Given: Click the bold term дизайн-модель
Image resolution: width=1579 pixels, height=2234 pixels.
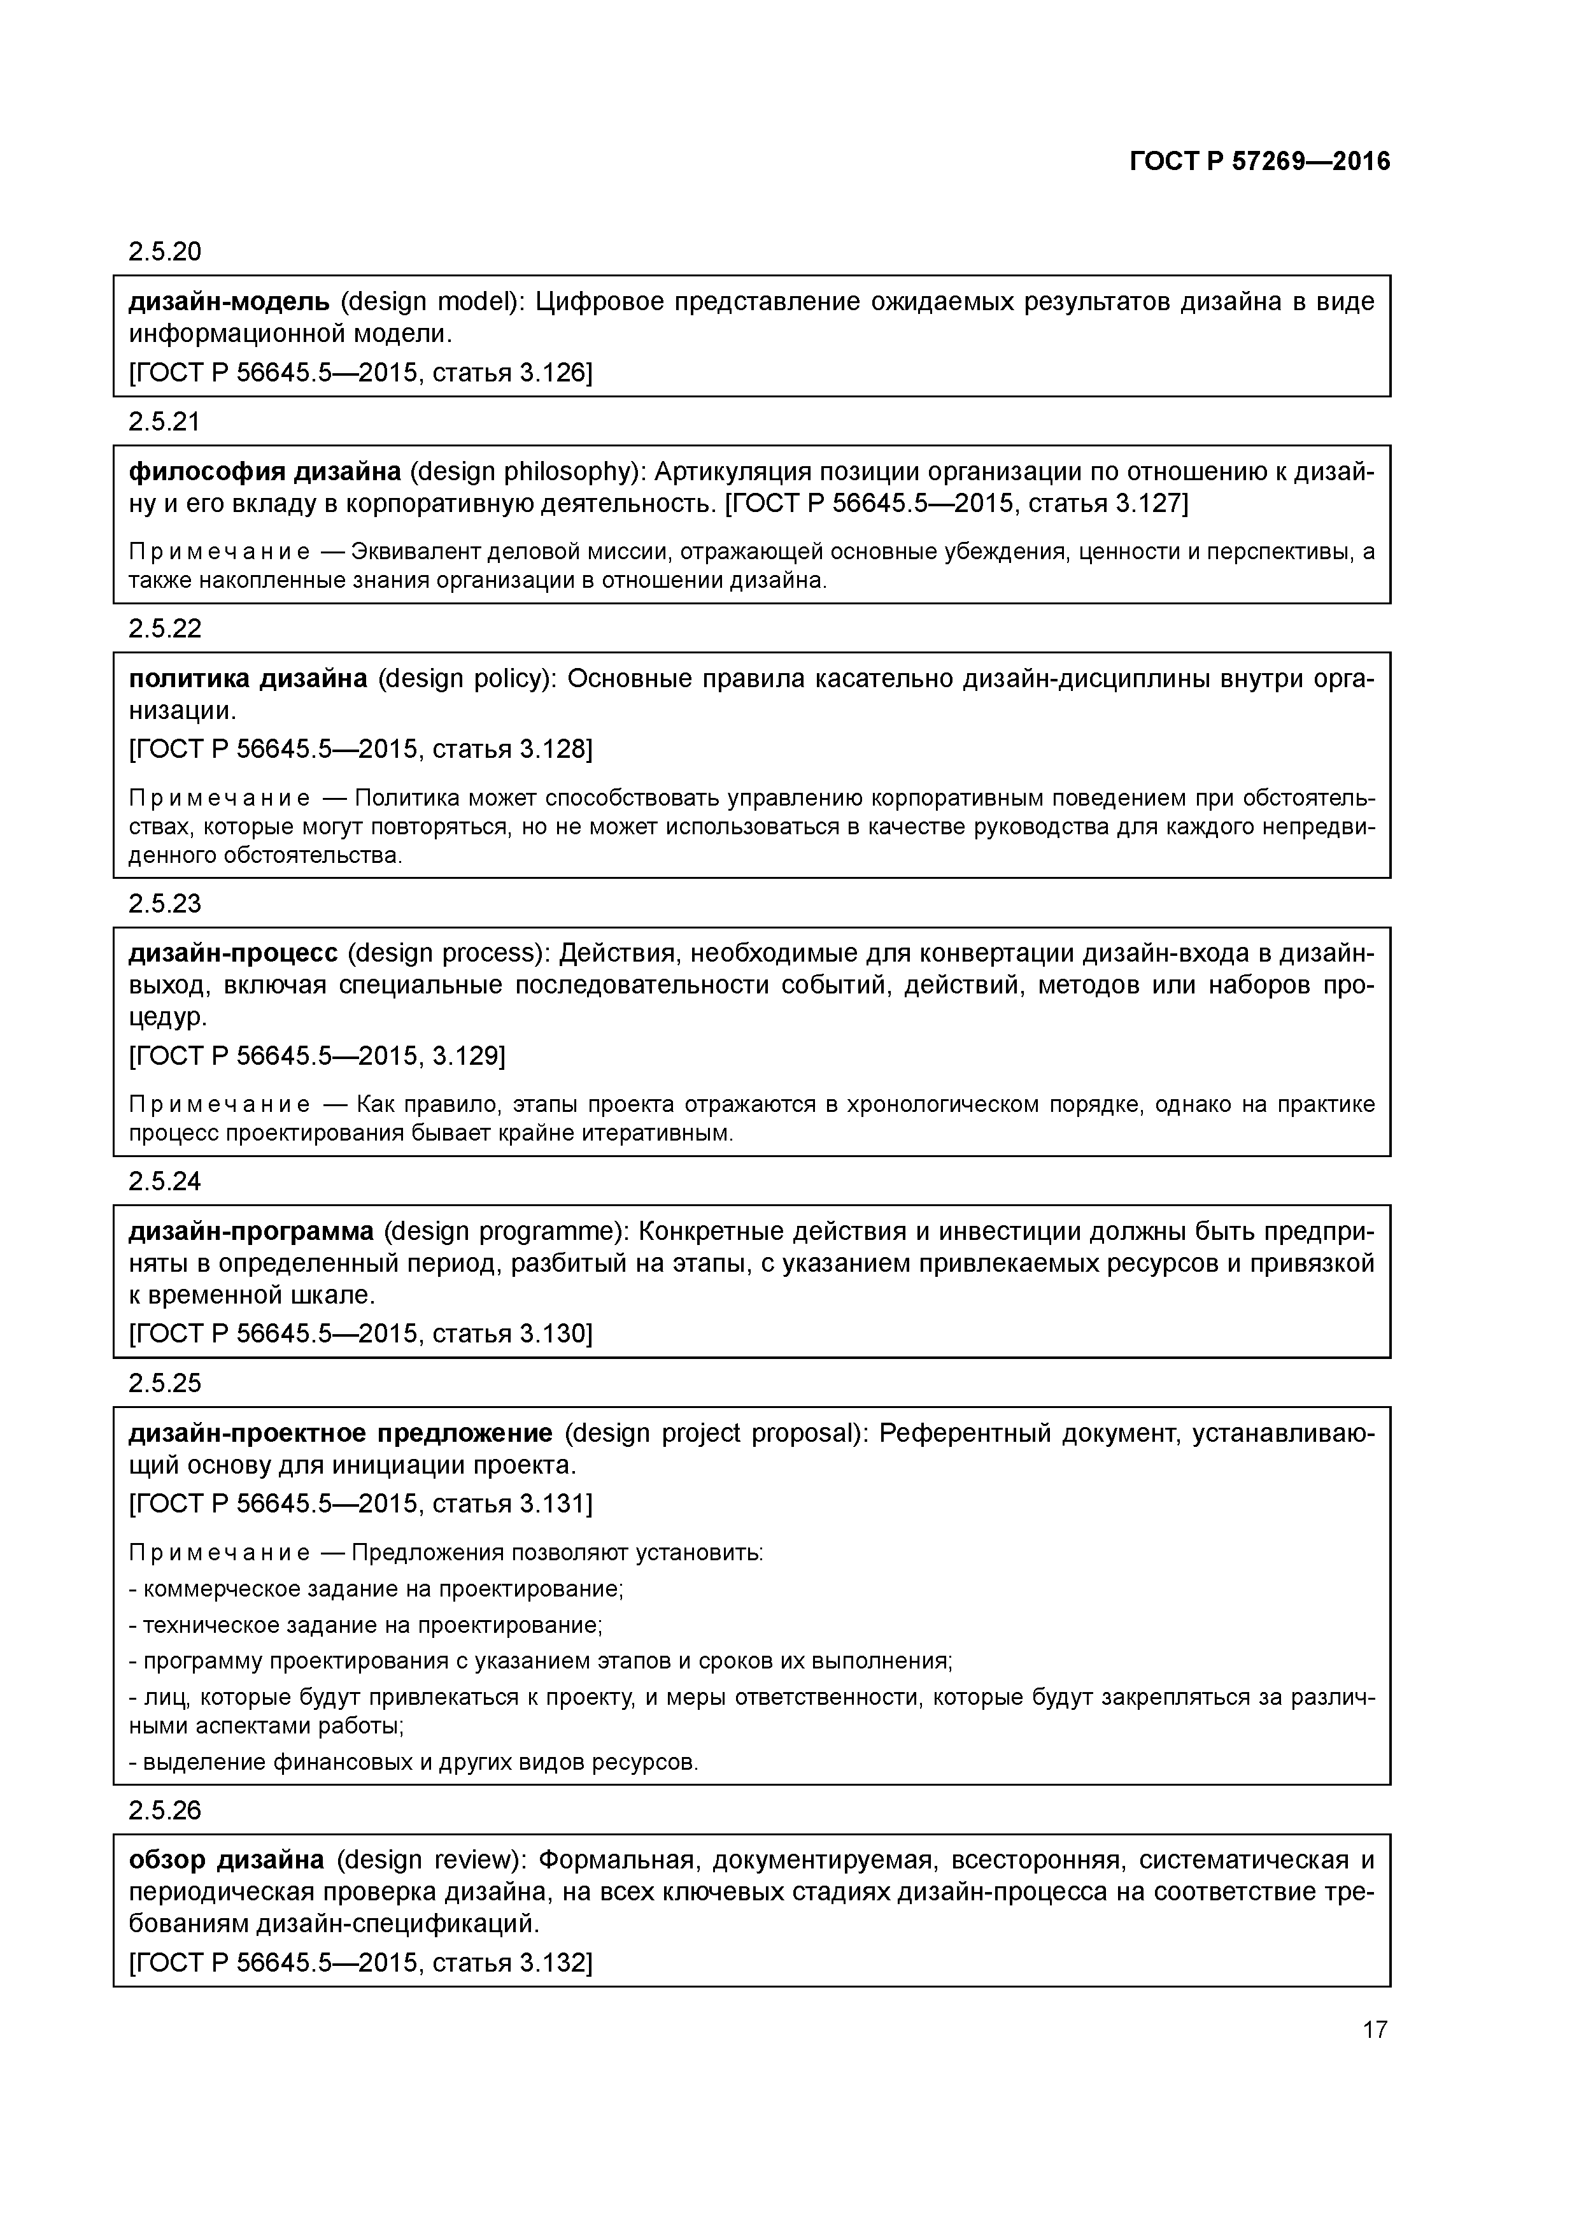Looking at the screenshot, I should pos(229,302).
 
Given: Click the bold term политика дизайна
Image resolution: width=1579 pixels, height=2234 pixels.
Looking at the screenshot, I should pos(248,678).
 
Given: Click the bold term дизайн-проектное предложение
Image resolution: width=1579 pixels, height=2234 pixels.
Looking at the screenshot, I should pos(341,1434).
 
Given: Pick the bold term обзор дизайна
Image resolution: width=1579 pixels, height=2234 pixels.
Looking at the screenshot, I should pos(227,1860).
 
